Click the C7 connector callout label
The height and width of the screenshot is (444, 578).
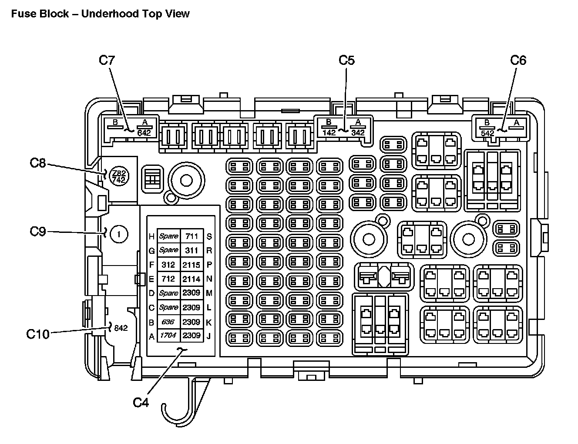[107, 61]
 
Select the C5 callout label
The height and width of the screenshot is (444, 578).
[347, 61]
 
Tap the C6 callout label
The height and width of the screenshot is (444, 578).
[518, 61]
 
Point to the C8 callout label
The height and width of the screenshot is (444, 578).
[38, 163]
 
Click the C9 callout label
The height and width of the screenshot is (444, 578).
[38, 231]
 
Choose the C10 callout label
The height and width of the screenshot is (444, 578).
[38, 334]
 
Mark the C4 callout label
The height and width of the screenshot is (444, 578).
[141, 403]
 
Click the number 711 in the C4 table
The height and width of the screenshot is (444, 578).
[192, 236]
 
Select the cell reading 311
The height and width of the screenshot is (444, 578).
[192, 250]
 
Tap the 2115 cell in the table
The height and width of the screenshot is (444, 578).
[192, 264]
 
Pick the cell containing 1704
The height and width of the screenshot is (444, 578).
[168, 335]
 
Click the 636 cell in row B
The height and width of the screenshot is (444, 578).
[168, 322]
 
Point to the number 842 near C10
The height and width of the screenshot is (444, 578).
[121, 328]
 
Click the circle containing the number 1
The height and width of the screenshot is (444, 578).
[119, 235]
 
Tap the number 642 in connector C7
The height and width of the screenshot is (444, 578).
[144, 133]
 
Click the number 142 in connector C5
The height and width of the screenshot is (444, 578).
[329, 132]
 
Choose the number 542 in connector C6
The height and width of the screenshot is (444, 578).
[487, 133]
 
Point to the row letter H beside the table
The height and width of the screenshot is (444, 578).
[152, 237]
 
